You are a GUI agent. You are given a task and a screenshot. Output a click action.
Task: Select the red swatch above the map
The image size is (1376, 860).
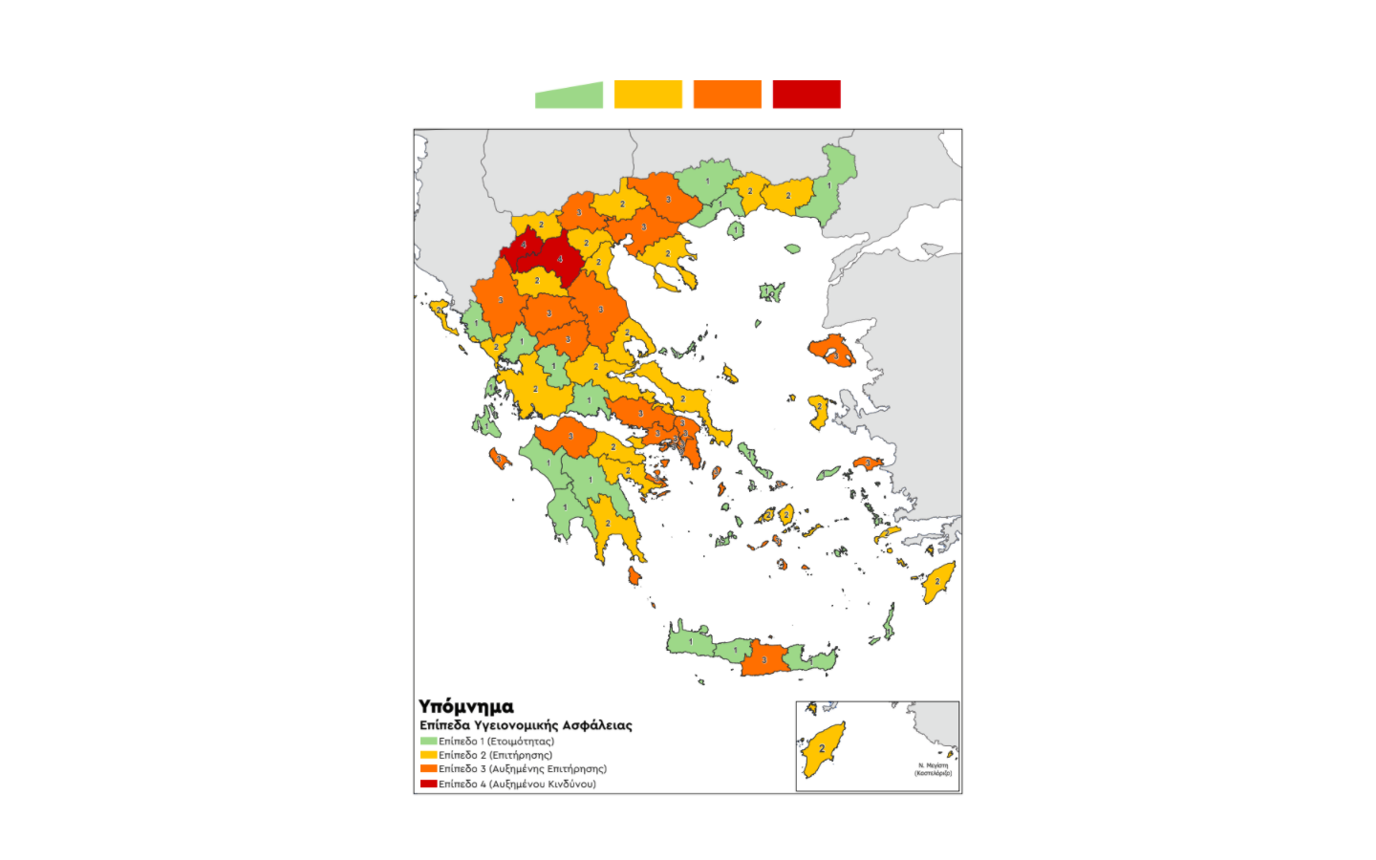[806, 95]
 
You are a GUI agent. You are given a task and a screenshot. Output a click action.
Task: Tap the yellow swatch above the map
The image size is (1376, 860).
[648, 95]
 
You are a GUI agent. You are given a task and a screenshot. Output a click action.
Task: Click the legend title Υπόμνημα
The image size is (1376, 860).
[465, 707]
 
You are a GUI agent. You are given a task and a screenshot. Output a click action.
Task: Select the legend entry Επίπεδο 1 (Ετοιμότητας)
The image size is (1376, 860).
[496, 742]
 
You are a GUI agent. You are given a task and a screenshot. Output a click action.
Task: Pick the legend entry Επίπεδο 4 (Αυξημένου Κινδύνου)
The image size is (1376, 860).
[517, 785]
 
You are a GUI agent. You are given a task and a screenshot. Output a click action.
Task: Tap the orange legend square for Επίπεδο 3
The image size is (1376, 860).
[428, 769]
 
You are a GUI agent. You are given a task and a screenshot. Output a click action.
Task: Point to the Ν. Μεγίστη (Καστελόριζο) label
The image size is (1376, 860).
[934, 769]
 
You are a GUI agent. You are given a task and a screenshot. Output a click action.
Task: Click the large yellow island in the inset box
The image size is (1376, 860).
[823, 748]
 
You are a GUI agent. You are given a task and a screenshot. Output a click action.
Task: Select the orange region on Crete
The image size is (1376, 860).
[763, 658]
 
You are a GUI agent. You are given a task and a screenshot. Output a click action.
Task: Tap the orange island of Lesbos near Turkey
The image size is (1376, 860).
[831, 351]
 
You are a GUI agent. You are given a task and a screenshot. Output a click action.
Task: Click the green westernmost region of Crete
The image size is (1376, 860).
[690, 641]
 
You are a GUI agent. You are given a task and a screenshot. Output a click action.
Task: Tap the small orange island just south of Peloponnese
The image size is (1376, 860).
[634, 575]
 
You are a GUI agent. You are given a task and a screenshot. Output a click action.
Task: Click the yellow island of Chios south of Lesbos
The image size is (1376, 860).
[819, 411]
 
